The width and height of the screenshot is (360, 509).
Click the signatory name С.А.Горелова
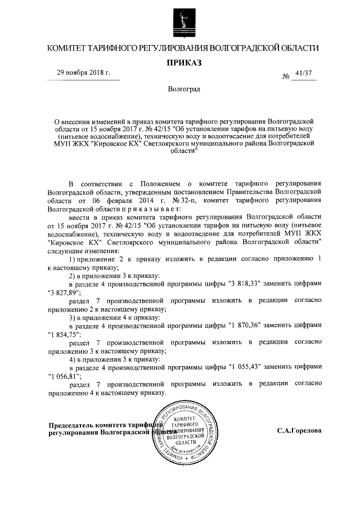coord(299,431)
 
